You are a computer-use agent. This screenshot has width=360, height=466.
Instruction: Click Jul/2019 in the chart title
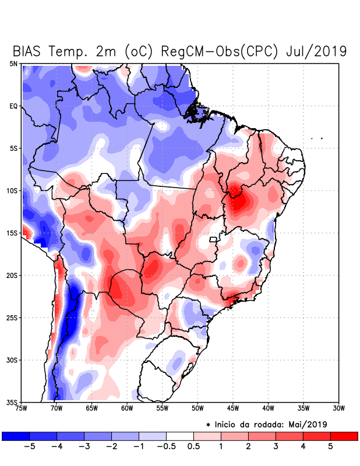316,51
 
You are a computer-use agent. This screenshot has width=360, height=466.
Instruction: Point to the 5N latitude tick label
12,63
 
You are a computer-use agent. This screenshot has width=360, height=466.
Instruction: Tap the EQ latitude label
12,106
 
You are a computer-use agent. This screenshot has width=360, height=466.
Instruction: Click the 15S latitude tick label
10,233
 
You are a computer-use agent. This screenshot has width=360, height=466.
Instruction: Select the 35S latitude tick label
10,402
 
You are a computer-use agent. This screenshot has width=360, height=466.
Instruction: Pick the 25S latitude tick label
10,317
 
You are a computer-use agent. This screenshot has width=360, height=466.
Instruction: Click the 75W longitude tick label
22,408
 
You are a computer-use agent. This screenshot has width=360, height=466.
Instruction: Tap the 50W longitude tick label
197,408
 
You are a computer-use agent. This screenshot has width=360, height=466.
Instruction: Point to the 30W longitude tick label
338,408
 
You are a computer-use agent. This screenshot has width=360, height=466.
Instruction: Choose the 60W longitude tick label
127,408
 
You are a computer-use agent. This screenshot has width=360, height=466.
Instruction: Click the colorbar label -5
27,447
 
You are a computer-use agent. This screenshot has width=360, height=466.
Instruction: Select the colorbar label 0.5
194,447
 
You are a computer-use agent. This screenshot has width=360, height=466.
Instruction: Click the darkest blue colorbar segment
15,436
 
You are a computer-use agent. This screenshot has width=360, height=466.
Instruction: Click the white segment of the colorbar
179,436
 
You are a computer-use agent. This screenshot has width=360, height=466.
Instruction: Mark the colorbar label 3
276,447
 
